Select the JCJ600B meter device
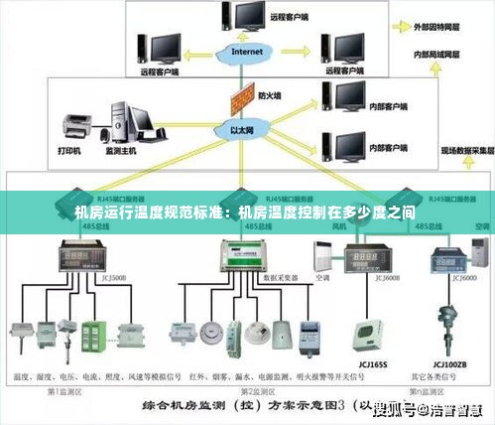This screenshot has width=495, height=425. pyautogui.click(x=363, y=260)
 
